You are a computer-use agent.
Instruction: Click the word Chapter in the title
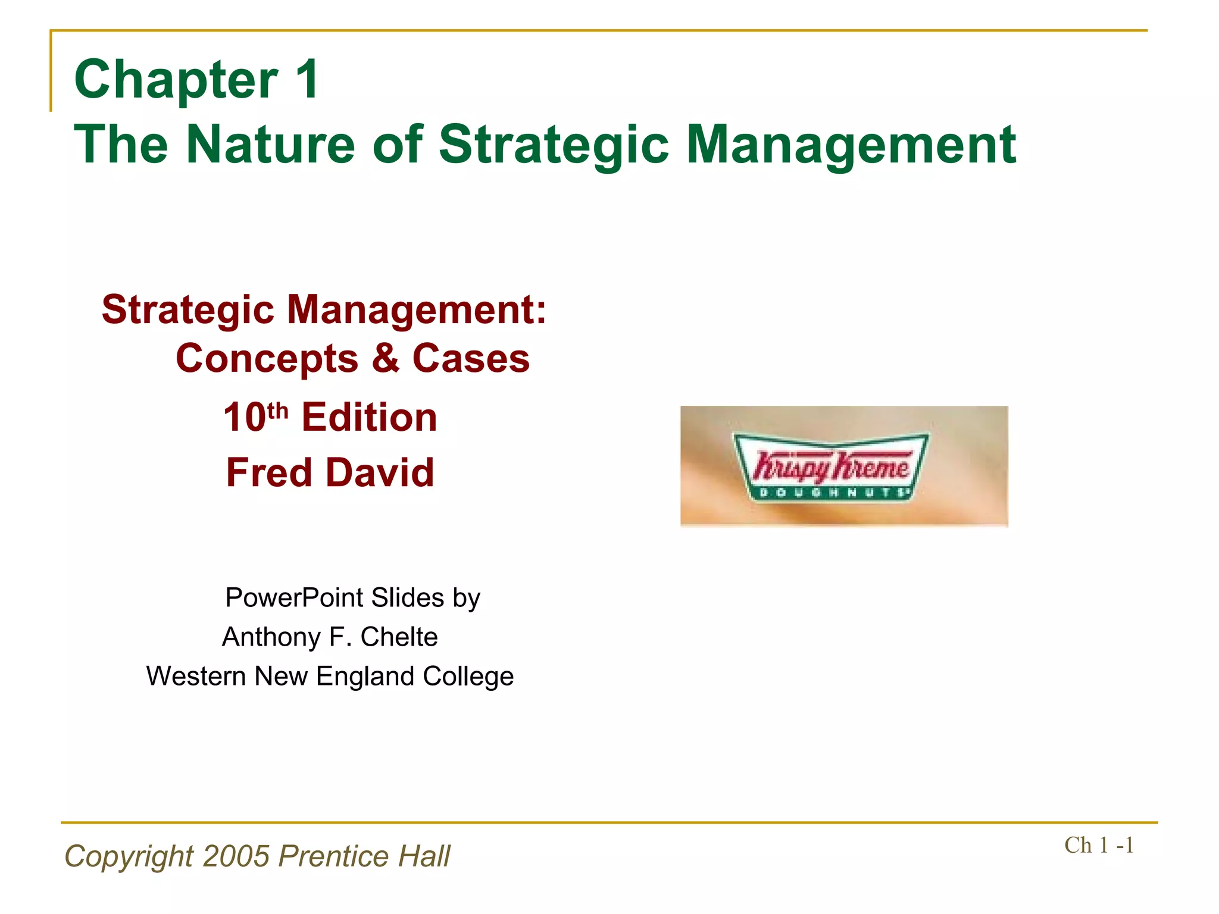(176, 80)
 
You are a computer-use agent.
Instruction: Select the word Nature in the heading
(271, 145)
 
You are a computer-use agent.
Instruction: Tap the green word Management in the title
(851, 145)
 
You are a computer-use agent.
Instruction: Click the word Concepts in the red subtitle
(267, 359)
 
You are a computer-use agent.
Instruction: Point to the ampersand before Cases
(386, 358)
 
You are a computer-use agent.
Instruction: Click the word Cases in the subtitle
(471, 359)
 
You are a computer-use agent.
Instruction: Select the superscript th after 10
(278, 410)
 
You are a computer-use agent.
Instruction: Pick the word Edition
(369, 417)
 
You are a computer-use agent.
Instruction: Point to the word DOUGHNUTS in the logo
(832, 492)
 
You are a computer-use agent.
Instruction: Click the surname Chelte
(399, 637)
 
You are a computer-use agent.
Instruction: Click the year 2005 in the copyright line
(236, 856)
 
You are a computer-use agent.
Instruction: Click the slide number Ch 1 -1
(1099, 846)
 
